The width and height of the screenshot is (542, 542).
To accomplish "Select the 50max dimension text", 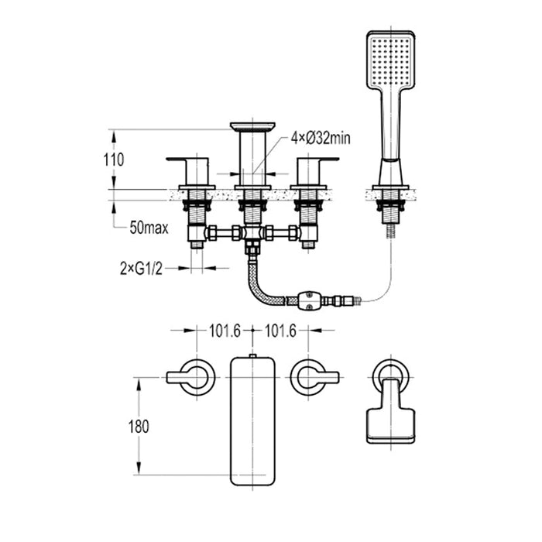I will [x=149, y=228].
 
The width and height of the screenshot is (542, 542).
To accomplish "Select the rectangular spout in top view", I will [x=253, y=418].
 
